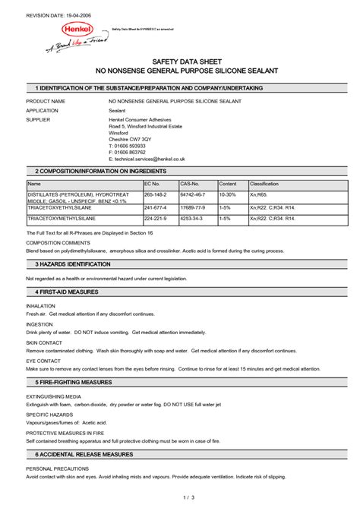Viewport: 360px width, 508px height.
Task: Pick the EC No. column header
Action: point(152,185)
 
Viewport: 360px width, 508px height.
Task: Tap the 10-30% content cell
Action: point(228,194)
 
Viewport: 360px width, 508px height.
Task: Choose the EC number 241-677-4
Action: point(155,207)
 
